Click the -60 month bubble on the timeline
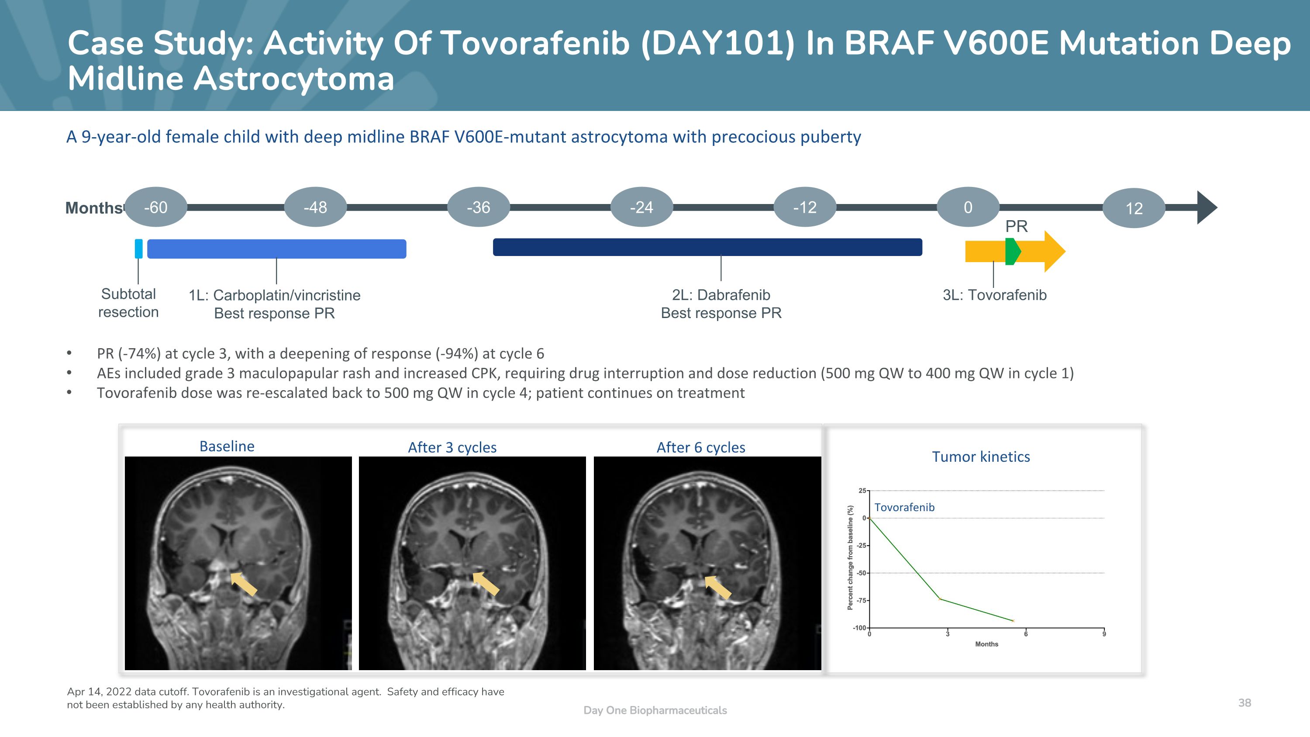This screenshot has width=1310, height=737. (155, 207)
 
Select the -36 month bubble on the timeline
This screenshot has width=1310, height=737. (479, 207)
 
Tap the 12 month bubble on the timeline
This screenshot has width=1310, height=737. (1134, 208)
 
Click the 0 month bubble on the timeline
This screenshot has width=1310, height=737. (968, 207)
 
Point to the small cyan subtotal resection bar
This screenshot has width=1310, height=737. (138, 249)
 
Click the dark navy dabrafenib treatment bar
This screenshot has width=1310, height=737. (707, 247)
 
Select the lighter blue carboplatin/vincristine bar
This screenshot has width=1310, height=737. (277, 249)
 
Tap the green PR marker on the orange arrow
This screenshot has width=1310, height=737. (1012, 251)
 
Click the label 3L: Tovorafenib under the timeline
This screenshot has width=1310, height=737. (994, 295)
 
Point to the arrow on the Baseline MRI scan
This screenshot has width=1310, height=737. (243, 583)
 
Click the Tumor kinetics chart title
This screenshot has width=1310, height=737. (980, 457)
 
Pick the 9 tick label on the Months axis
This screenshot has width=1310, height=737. (1104, 634)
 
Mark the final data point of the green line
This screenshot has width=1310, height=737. (1013, 620)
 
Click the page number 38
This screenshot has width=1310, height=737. (1244, 703)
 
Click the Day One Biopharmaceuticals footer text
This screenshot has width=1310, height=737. (655, 710)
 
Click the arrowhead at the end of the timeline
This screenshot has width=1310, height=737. (1207, 208)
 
